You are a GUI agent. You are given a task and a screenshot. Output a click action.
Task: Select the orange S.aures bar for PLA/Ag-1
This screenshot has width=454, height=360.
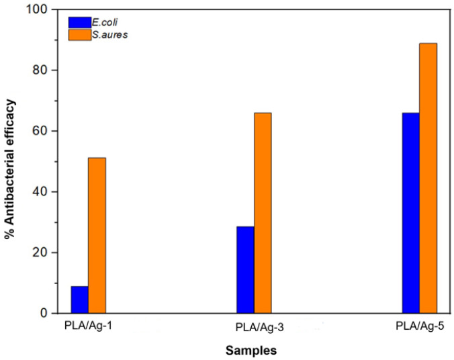pos(97,235)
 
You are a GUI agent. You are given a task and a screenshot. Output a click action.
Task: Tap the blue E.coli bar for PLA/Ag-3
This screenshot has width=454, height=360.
pos(245,269)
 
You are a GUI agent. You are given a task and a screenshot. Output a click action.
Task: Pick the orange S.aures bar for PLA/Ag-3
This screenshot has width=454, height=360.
pos(263,213)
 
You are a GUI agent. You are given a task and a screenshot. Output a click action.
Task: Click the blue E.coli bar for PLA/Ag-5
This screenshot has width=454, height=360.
pos(410,213)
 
